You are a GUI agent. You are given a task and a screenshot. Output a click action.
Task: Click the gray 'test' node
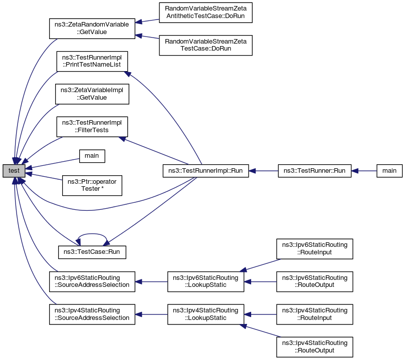(14, 171)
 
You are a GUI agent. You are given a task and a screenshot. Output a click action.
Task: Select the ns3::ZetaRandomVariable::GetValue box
(91, 28)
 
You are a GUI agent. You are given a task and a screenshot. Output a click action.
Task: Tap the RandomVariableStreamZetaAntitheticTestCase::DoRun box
(205, 13)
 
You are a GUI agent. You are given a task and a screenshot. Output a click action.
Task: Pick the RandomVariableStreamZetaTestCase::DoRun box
(205, 45)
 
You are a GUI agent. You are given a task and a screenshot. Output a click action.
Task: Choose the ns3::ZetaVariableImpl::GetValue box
(91, 94)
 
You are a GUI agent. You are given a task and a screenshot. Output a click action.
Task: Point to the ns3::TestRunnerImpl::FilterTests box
(91, 126)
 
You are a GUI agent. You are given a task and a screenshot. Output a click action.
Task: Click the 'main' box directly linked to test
(91, 156)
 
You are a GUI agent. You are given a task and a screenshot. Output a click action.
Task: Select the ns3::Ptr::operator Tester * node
(91, 185)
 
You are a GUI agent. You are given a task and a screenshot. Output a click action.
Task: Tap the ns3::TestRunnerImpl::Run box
(205, 171)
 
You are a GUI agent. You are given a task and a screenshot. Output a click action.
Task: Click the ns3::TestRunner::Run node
(314, 171)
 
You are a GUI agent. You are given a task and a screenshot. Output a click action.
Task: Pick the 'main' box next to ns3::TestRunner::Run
(389, 171)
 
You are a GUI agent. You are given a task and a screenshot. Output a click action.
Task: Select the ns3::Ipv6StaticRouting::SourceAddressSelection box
(91, 281)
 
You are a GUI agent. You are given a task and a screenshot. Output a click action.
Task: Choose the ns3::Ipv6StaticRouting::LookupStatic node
(205, 281)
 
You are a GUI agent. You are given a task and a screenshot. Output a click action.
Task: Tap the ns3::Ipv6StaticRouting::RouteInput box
(314, 249)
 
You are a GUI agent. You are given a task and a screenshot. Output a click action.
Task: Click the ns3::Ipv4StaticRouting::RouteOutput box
(314, 346)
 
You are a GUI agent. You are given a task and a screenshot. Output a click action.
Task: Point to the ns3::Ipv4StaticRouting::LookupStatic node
(205, 314)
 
